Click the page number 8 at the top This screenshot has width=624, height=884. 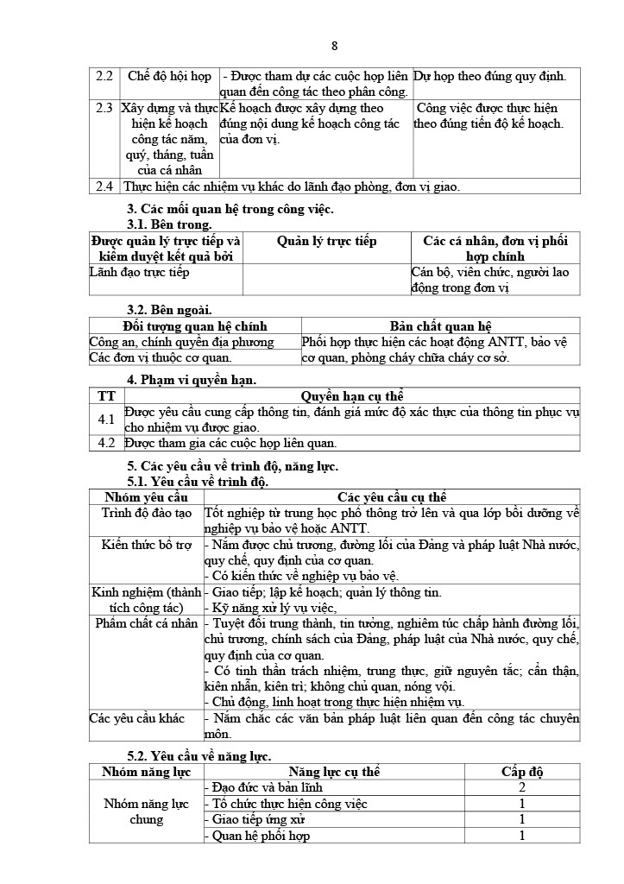335,46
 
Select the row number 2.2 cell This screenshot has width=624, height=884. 104,76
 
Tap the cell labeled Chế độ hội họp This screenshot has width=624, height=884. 169,76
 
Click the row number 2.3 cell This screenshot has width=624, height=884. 104,108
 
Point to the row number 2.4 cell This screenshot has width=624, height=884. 104,186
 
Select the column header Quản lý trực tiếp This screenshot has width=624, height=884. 326,241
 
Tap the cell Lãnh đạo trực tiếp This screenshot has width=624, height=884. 140,272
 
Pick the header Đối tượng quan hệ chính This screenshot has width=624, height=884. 195,326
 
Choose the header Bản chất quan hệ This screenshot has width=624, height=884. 440,326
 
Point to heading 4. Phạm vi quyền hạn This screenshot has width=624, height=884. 192,380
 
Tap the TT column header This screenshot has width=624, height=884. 106,396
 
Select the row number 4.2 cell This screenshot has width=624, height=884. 106,443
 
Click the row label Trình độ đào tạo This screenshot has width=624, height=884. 147,513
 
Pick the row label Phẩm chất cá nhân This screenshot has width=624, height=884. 147,623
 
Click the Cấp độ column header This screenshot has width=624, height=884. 522,772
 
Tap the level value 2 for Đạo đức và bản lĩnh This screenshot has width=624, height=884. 522,787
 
